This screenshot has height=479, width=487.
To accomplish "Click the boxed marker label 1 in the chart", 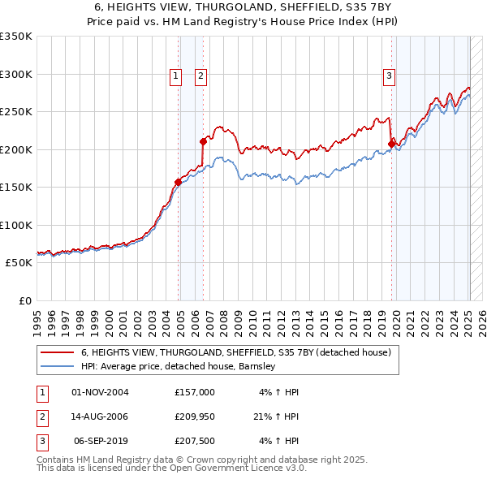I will pos(175,76).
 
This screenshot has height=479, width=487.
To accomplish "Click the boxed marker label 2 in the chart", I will pos(200,76).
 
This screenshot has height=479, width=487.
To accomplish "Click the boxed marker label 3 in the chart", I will pos(389,76).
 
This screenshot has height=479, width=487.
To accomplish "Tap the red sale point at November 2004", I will pos(178,182).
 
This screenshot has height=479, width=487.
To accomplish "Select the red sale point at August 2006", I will pos(203,141).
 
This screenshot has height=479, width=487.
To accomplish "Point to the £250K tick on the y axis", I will pos(16,112).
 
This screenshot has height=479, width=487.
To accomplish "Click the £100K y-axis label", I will pos(16,226).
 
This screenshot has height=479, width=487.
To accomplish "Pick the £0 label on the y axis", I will pos(24,301).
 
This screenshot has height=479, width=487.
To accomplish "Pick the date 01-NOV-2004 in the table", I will pos(101,392).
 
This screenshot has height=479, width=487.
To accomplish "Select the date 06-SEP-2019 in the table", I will pos(101,441).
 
